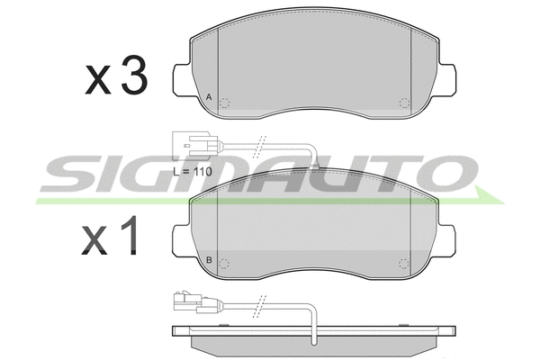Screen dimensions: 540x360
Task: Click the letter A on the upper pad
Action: pyautogui.click(x=209, y=97)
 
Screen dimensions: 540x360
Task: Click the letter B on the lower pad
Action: pyautogui.click(x=209, y=260)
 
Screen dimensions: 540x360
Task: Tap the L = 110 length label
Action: pyautogui.click(x=193, y=172)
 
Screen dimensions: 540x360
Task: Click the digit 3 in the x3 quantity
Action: pyautogui.click(x=134, y=75)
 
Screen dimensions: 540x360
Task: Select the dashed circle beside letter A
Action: pyautogui.click(x=224, y=103)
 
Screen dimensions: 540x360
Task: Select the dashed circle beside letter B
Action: pyautogui.click(x=224, y=264)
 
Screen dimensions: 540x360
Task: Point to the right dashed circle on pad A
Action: pyautogui.click(x=404, y=103)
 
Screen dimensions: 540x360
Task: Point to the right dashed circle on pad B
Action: pyautogui.click(x=403, y=264)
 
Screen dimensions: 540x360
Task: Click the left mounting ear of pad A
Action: pyautogui.click(x=181, y=79)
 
